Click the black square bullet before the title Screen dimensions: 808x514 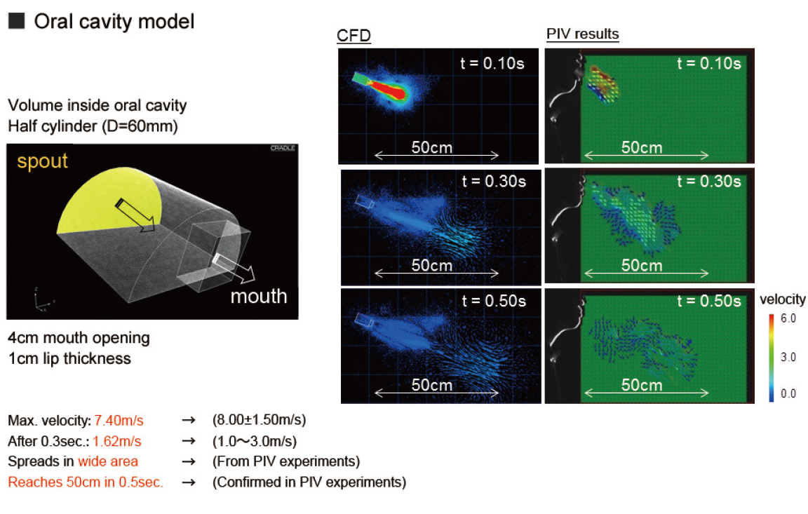[17, 20]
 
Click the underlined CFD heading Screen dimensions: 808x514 [353, 36]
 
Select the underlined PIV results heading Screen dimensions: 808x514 [582, 34]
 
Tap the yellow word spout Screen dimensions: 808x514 [42, 162]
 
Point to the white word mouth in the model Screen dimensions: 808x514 [259, 296]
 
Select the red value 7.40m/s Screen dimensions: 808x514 [119, 420]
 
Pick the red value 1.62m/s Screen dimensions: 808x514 [117, 441]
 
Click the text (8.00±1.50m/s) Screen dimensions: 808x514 [260, 420]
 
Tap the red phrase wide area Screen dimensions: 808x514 [108, 461]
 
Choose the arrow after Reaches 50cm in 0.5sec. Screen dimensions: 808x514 [189, 482]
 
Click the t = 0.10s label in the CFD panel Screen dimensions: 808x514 [492, 63]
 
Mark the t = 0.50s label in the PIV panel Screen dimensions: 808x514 [709, 302]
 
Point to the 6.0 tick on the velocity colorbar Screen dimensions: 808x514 [788, 318]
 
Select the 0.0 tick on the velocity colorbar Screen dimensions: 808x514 [788, 394]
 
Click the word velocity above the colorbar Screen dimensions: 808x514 [783, 299]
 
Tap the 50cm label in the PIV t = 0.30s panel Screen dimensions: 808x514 [642, 266]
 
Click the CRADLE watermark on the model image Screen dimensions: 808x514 [283, 149]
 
